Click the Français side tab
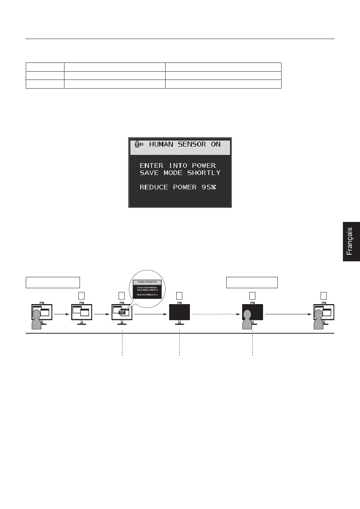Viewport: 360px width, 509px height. coord(351,241)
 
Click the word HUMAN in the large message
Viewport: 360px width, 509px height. coord(161,144)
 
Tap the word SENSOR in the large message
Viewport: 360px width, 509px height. coord(192,144)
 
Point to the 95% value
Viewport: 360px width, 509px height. coord(208,187)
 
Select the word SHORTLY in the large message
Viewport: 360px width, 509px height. coord(203,173)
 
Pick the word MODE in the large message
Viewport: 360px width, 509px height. coord(173,173)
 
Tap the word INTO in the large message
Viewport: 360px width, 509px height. coord(177,166)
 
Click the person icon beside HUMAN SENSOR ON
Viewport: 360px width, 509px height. coord(138,144)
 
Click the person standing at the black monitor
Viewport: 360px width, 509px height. coord(247,320)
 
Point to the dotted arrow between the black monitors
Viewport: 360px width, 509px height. coord(216,314)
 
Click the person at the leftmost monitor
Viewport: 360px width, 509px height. coord(37,320)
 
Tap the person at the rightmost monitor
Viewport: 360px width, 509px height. coord(318,320)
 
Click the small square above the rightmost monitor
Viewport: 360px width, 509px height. coord(323,295)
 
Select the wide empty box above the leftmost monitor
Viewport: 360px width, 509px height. coord(53,283)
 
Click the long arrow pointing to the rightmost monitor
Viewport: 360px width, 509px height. coord(288,314)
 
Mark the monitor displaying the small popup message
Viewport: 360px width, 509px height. coord(122,312)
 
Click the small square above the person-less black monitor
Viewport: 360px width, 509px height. coord(179,295)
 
